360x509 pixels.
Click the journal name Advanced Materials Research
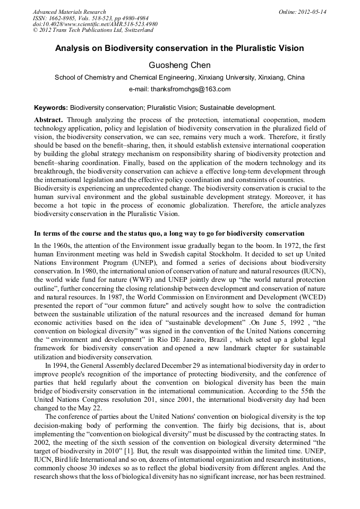tap(69, 12)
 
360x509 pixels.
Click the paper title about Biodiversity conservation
tap(179, 48)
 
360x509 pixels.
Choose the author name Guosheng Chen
tap(179, 65)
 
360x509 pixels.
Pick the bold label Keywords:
tap(51, 107)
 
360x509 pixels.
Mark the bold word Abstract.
tap(49, 120)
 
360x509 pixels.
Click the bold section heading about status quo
tap(169, 234)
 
